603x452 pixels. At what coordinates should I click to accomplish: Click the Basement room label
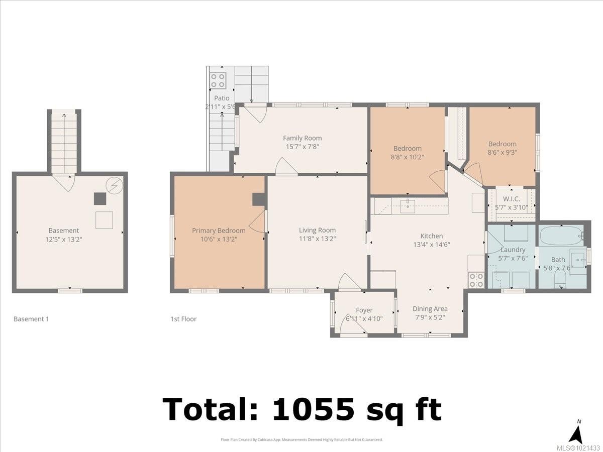click(64, 231)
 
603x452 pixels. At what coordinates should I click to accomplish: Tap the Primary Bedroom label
click(219, 231)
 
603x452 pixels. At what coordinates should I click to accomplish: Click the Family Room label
click(302, 138)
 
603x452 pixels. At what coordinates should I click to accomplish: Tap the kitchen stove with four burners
click(476, 280)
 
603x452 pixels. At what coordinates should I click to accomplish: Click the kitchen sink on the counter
click(408, 206)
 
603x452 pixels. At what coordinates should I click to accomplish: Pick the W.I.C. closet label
click(511, 199)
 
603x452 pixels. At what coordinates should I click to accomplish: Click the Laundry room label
click(513, 250)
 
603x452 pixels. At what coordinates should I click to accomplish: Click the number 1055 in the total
click(313, 409)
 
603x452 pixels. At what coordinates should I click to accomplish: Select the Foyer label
click(364, 310)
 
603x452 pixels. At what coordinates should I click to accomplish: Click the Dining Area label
click(430, 309)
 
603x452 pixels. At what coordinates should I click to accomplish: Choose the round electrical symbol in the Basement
click(114, 185)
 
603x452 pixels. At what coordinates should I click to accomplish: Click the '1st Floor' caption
click(183, 319)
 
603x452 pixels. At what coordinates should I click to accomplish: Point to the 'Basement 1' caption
click(31, 319)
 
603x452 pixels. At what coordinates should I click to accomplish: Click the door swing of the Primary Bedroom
click(258, 221)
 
